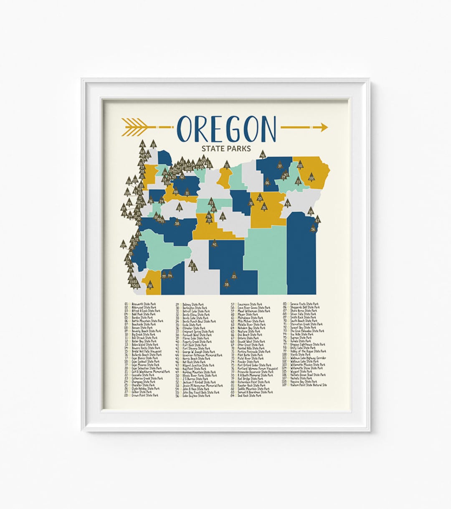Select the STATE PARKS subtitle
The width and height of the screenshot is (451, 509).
[226, 148]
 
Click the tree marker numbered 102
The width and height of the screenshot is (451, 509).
[312, 178]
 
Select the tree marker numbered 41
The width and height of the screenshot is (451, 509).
[215, 243]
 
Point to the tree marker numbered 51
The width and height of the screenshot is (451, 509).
[227, 166]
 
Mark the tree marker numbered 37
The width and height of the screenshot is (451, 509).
[280, 166]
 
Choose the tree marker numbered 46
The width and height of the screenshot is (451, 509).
[263, 155]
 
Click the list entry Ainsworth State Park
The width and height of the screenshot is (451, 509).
[144, 304]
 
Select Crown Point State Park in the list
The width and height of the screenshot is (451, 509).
[145, 395]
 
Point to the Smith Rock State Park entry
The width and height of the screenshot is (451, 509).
[304, 317]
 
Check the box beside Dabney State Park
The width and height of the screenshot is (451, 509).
[180, 304]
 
